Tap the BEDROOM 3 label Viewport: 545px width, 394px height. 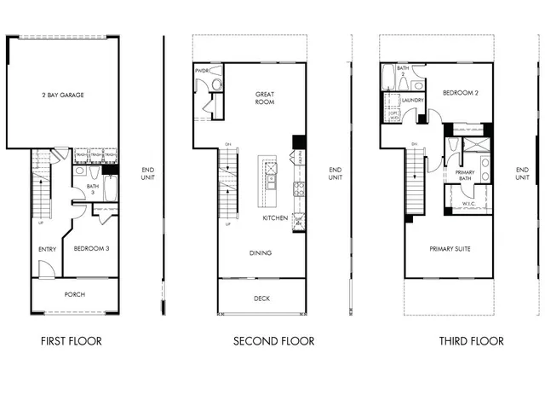90,248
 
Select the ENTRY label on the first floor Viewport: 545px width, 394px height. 47,249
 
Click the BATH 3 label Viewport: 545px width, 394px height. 93,189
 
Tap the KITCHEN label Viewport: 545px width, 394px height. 275,218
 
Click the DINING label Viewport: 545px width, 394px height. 261,253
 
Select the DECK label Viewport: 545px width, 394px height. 261,298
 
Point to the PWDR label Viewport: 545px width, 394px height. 203,71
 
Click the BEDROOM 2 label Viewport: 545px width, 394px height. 459,92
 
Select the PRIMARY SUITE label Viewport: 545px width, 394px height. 450,249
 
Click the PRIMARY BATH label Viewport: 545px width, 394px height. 465,176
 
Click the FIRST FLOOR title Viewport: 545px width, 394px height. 72,341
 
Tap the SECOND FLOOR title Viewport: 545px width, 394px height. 274,341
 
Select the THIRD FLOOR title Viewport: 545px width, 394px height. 471,341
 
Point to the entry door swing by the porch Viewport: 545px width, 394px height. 47,269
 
